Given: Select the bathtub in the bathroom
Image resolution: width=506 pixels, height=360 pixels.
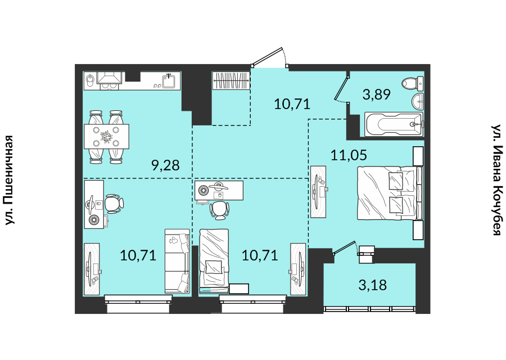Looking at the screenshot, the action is click(394, 124).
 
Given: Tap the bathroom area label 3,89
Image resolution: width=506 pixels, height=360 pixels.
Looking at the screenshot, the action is click(377, 94).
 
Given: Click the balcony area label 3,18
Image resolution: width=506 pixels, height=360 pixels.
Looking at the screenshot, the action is click(373, 285).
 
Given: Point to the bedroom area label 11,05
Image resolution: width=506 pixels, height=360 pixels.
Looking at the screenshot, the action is click(349, 155).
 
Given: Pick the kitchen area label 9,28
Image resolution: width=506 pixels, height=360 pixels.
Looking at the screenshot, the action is click(165, 165).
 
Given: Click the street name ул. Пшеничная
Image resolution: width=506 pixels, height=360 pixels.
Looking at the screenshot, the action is click(10, 180).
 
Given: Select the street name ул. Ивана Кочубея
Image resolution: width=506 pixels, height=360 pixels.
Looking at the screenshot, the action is click(496, 180).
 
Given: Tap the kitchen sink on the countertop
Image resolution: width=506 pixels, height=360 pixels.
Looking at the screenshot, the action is click(169, 80).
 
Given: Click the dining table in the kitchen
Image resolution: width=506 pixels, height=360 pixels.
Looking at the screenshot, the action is click(106, 137).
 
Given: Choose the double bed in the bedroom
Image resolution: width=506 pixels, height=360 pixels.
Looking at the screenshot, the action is click(390, 193).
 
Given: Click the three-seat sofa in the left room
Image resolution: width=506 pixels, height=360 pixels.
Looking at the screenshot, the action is click(177, 261).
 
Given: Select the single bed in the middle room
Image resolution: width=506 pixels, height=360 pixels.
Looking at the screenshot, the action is click(214, 261).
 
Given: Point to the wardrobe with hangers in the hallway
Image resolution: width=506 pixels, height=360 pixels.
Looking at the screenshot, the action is click(231, 80).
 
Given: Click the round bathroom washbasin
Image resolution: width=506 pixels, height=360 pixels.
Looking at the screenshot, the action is click(418, 101).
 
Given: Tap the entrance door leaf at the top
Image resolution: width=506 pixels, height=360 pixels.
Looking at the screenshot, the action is click(268, 57).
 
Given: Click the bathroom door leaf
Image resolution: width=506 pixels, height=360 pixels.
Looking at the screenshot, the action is click(341, 87).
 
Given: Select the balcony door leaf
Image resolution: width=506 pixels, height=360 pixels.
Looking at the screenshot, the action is click(345, 247).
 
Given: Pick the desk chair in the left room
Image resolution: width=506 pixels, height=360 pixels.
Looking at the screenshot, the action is click(114, 204).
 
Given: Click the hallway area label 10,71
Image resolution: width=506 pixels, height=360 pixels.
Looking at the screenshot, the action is click(292, 104).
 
